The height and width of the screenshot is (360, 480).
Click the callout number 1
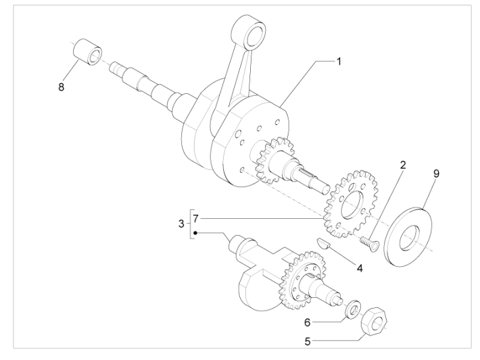click(x=339, y=61)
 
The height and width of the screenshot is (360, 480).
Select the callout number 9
click(x=436, y=174)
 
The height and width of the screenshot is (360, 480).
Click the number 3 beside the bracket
click(x=181, y=224)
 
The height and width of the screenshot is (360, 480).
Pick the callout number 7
click(x=196, y=219)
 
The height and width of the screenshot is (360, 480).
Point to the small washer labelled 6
click(x=352, y=309)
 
